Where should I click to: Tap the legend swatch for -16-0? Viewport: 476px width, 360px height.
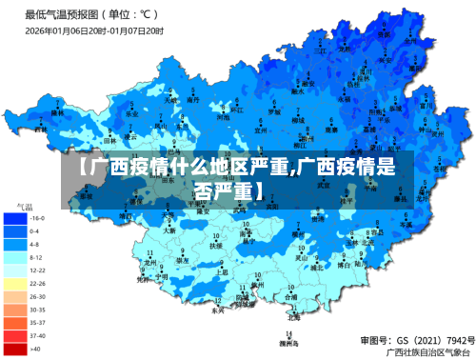(15, 218)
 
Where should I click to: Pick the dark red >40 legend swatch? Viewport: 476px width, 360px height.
(15, 349)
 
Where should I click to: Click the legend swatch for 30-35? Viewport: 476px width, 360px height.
(15, 310)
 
